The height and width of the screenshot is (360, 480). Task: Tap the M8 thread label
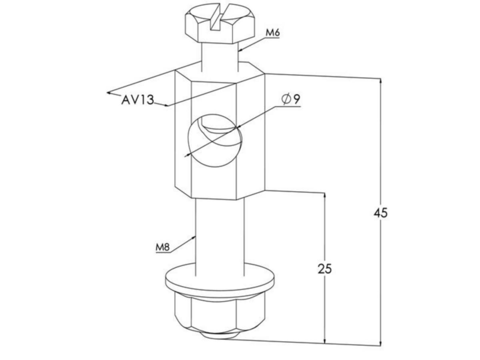[x=163, y=248]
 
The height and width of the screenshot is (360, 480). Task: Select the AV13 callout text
[x=137, y=100]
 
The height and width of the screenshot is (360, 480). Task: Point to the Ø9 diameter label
[x=291, y=99]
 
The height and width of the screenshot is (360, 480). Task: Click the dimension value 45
[x=380, y=213]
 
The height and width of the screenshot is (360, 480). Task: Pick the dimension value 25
[x=325, y=269]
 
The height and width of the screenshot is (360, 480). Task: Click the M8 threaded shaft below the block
[x=219, y=236]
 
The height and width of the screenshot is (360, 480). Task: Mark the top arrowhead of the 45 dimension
[x=380, y=80]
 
